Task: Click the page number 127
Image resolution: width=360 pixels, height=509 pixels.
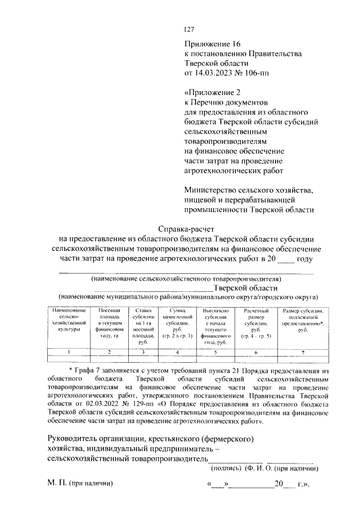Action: [x=190, y=30]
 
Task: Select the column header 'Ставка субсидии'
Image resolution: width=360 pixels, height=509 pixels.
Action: [x=143, y=326]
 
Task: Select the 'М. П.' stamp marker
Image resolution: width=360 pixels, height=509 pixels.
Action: [x=56, y=484]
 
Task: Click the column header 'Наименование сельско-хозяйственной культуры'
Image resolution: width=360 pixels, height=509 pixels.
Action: [x=69, y=319]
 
